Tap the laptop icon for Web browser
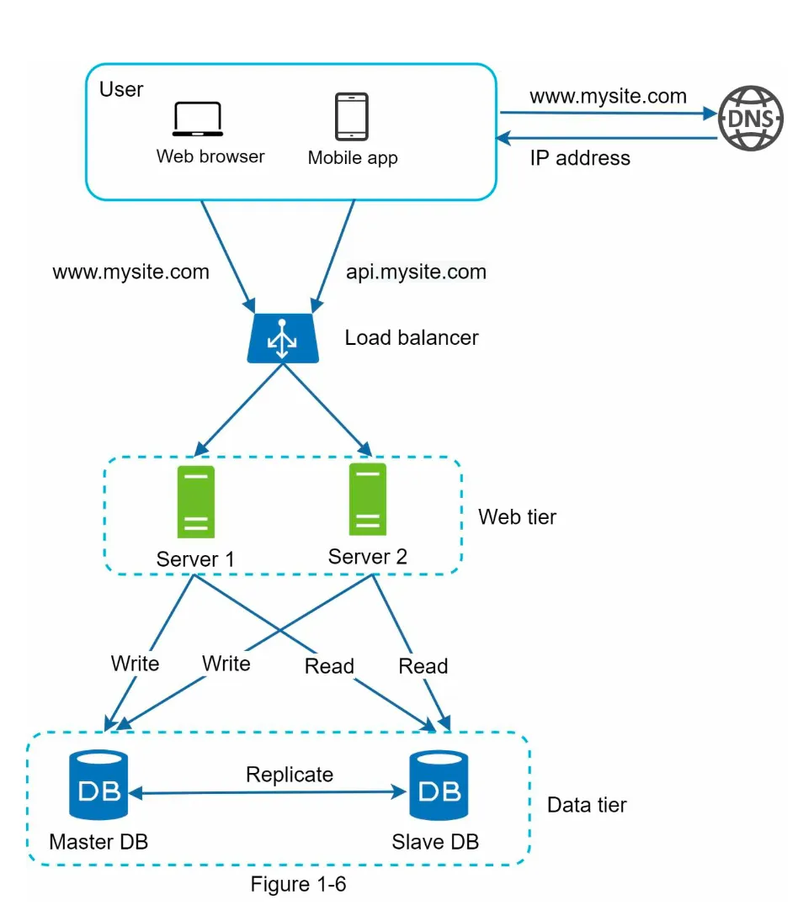pos(198,119)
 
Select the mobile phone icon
pos(352,116)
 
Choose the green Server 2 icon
pos(368,500)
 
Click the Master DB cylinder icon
pos(98,785)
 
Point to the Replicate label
pos(289,774)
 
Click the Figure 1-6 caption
pos(298,884)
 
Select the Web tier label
pos(517,516)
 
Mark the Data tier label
pos(587,805)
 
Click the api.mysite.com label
pos(416,272)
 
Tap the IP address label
pos(579,157)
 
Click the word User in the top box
pos(121,89)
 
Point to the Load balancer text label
pos(412,338)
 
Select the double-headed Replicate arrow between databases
pos(269,792)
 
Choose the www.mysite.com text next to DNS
pos(608,96)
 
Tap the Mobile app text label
pos(353,157)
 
